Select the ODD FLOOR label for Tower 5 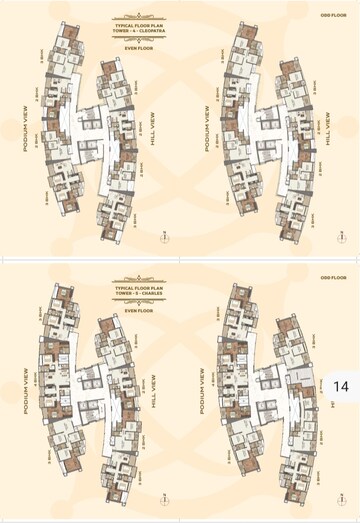333,277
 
